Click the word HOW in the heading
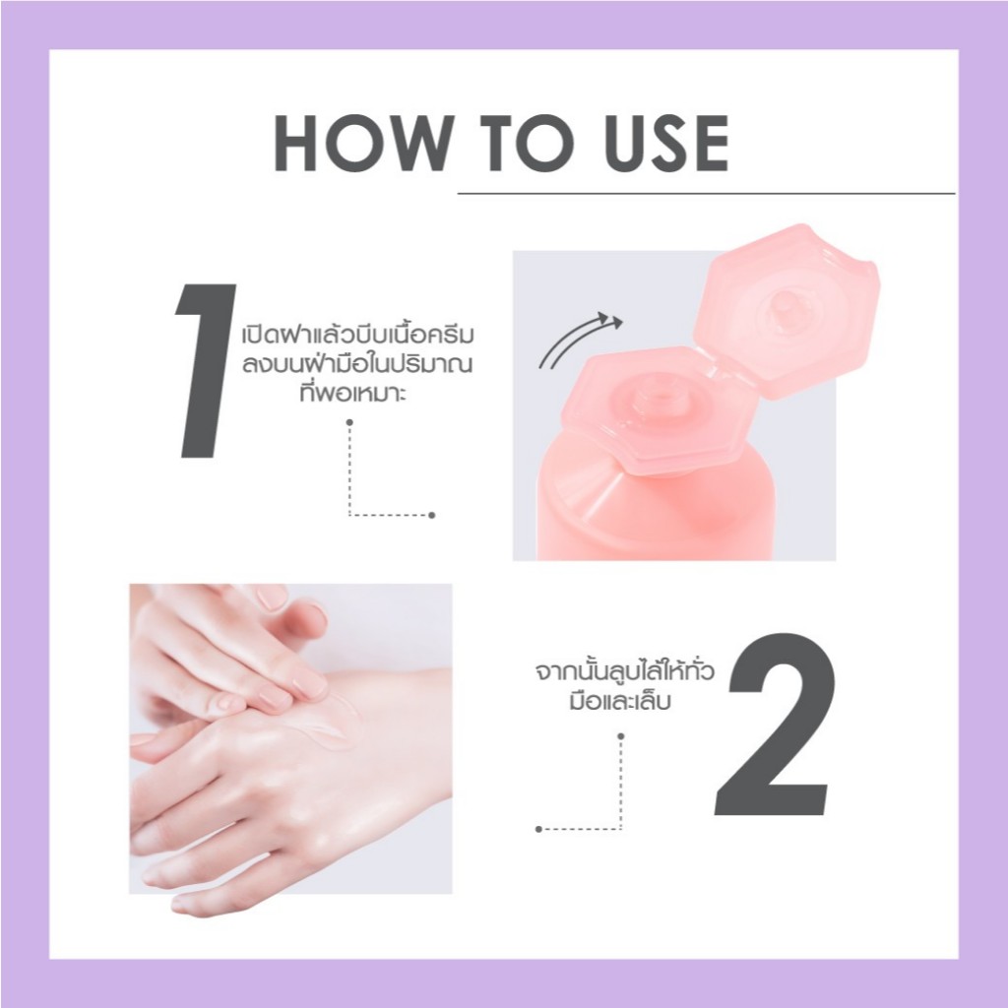pyautogui.click(x=360, y=144)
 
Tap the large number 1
pyautogui.click(x=205, y=371)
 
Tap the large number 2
pyautogui.click(x=776, y=724)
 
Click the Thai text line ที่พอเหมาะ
pyautogui.click(x=353, y=391)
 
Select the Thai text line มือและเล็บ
pyautogui.click(x=620, y=700)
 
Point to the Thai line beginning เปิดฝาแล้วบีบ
pyautogui.click(x=357, y=335)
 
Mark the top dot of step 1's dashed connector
pyautogui.click(x=349, y=422)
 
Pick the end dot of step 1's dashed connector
pyautogui.click(x=431, y=515)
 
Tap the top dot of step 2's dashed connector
pyautogui.click(x=620, y=736)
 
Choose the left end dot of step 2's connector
pyautogui.click(x=538, y=829)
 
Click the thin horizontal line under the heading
pyautogui.click(x=706, y=193)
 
